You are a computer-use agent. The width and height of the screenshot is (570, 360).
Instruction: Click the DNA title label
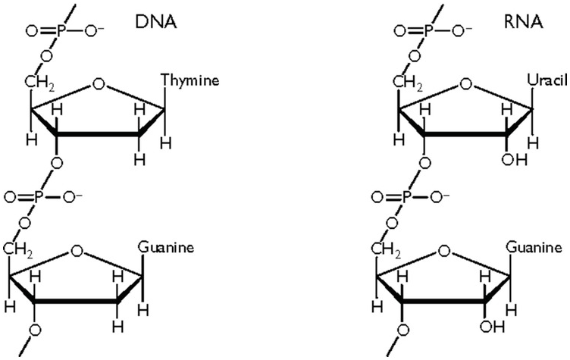(x=156, y=22)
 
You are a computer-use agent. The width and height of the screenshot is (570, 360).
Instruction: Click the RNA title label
(x=524, y=22)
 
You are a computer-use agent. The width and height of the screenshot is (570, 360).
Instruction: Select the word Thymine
(x=190, y=80)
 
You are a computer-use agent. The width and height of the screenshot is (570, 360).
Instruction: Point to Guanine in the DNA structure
(x=166, y=248)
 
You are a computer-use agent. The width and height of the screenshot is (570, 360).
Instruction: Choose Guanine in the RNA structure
(x=534, y=248)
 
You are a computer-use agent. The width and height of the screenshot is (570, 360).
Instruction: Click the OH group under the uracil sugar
(x=514, y=159)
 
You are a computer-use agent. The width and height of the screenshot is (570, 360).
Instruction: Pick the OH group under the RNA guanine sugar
(x=492, y=327)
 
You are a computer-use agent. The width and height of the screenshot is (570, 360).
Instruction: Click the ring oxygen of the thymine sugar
(x=98, y=84)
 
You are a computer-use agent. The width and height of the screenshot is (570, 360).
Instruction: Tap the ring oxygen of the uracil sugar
(x=465, y=84)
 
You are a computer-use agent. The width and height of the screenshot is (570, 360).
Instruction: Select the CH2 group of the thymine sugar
(x=40, y=82)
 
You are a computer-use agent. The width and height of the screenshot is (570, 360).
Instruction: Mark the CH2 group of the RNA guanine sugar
(x=386, y=250)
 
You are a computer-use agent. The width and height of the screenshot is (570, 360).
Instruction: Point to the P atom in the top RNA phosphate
(x=427, y=31)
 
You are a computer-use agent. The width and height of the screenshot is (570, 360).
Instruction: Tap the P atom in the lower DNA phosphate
(x=39, y=198)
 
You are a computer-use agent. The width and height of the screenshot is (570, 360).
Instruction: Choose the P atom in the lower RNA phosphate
(x=406, y=198)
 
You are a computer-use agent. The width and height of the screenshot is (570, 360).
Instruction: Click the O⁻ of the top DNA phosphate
(x=94, y=30)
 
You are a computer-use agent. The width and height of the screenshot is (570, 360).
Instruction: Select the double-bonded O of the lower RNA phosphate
(x=378, y=198)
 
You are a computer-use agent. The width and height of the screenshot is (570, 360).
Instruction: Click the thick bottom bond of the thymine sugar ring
(x=98, y=135)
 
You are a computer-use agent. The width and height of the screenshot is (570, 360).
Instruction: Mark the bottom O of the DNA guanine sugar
(x=35, y=330)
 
